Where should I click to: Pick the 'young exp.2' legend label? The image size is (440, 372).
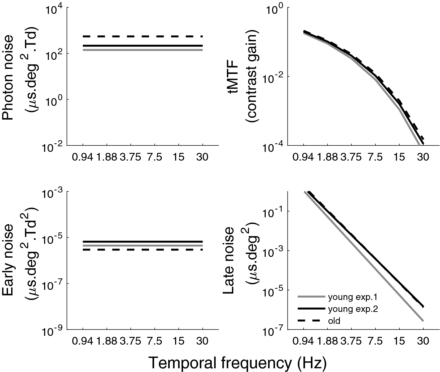(x=353, y=309)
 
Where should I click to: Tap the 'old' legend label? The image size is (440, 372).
(x=334, y=321)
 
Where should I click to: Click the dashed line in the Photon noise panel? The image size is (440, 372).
(x=143, y=36)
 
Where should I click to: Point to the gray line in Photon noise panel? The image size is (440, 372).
(x=143, y=50)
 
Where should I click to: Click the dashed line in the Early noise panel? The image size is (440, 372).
(x=143, y=250)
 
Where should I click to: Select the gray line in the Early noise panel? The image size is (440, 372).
(x=143, y=245)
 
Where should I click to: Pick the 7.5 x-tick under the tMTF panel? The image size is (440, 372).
(x=375, y=157)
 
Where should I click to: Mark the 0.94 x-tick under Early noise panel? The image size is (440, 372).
(x=83, y=341)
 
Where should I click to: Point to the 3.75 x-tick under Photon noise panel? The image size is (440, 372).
(x=130, y=157)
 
